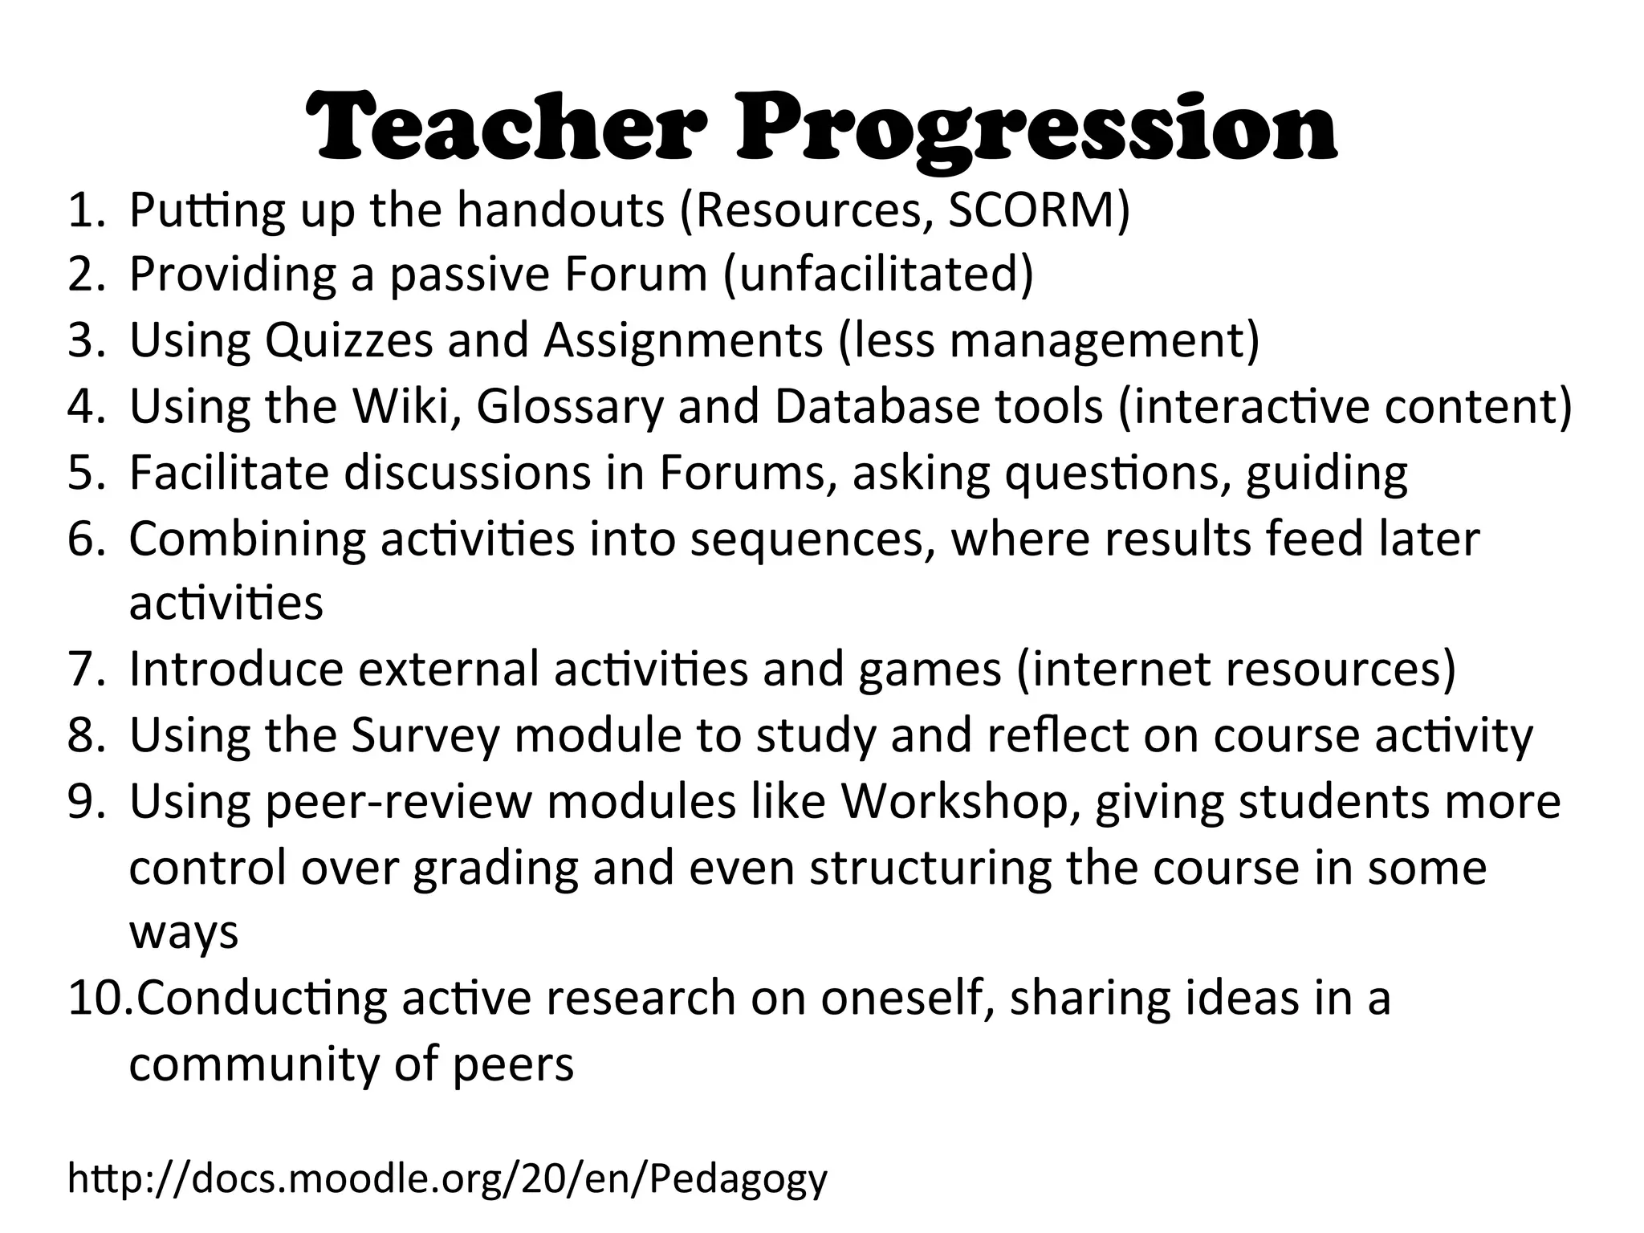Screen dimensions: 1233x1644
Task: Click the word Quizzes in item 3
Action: [348, 341]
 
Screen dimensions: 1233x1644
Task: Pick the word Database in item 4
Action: [876, 406]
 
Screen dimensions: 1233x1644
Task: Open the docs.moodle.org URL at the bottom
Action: [447, 1179]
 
